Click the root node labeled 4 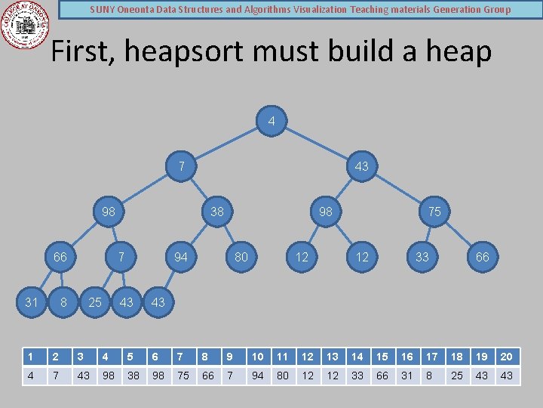click(271, 121)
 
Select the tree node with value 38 click(217, 212)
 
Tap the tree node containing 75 click(434, 212)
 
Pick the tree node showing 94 click(181, 257)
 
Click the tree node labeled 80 click(241, 257)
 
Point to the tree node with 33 click(422, 257)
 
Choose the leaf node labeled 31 click(32, 302)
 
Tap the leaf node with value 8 click(63, 302)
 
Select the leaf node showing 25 click(95, 302)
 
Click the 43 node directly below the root click(362, 166)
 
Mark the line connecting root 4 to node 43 click(317, 144)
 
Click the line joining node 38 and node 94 click(199, 234)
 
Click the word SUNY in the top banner click(103, 10)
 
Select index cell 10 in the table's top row click(258, 357)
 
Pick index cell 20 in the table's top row click(507, 357)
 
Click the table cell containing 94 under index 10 click(258, 376)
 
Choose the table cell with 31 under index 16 click(407, 376)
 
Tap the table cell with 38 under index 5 click(133, 376)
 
